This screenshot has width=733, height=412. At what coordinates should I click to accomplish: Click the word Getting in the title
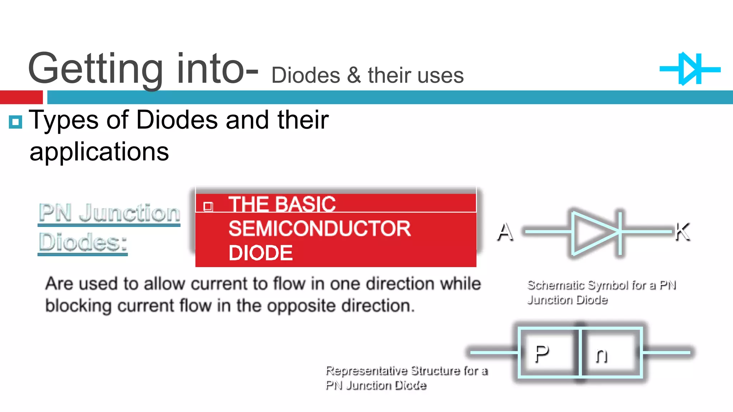(95, 69)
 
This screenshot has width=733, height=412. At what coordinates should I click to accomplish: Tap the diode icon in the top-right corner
(690, 69)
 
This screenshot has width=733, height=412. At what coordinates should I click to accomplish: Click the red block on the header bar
(21, 97)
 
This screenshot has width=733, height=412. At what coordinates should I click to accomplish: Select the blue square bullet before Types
(15, 122)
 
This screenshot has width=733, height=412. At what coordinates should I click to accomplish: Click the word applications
(99, 152)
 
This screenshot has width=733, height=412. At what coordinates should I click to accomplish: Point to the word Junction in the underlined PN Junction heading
(129, 213)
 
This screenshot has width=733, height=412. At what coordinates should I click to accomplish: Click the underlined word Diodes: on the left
(83, 242)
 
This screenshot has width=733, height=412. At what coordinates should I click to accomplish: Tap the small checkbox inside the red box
(208, 206)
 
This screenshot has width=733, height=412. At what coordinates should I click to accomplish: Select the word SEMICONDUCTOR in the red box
(319, 229)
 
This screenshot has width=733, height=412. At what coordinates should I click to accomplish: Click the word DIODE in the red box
(260, 253)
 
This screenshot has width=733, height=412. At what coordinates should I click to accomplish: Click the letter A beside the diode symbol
(505, 232)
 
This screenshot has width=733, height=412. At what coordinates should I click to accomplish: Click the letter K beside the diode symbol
(682, 232)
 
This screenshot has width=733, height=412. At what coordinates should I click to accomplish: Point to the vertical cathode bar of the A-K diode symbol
(620, 233)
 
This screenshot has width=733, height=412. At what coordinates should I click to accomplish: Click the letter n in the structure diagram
(601, 355)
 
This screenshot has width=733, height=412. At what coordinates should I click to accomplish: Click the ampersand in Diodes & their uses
(354, 75)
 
